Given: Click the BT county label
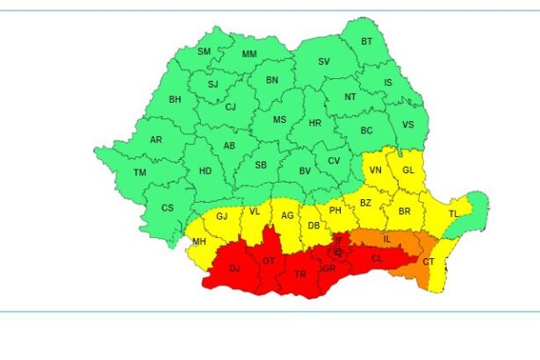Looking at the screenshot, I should coord(367,41).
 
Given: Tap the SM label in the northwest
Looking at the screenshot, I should coord(205,52).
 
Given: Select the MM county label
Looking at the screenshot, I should coord(249,54).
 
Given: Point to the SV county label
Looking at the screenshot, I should coord(324,61).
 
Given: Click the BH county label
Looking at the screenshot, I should coord(175,99).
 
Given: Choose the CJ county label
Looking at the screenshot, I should coord(231,107).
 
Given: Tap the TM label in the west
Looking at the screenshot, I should coord(140,172).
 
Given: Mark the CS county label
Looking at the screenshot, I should coord(168,208).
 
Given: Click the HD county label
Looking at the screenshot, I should coord(205,171).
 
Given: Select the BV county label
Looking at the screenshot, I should coord(306,171).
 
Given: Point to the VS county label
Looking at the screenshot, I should coord(407,125).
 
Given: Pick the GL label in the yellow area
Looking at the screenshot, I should coord(407,169).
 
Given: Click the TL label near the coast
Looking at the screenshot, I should coord(454,214).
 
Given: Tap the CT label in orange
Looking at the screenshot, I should coord(428,262).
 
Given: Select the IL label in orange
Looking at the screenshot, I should coord(386,238).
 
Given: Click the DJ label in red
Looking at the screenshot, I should coord(234,269).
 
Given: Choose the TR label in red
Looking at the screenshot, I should coord(300,274).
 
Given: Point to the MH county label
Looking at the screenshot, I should coord(199,241).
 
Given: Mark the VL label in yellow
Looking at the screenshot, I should coord(255,212).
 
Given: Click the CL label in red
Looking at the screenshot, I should coord(378,259).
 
